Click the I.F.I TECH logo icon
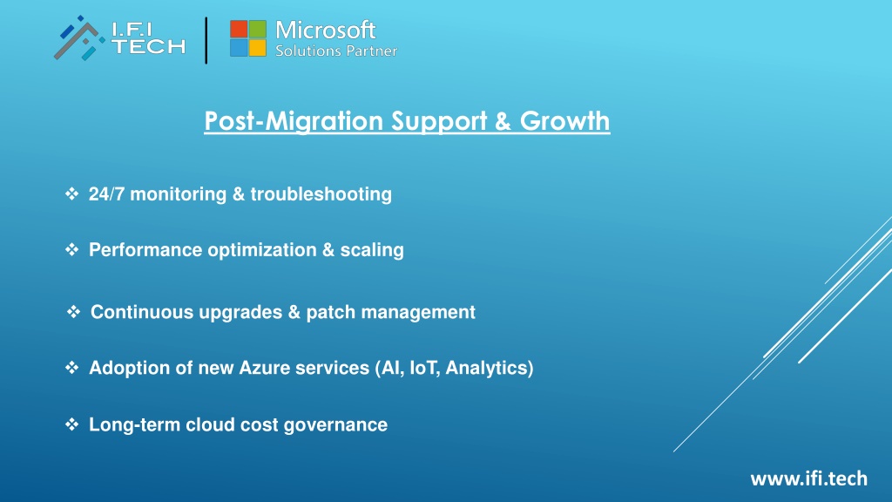(x=79, y=38)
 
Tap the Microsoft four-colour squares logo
(x=248, y=38)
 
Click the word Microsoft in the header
(x=326, y=31)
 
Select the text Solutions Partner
(x=336, y=51)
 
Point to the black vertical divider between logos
(x=206, y=40)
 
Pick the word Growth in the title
(x=564, y=120)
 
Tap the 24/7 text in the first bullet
(x=106, y=194)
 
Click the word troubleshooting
(x=321, y=194)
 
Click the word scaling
(x=372, y=250)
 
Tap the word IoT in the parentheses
(x=424, y=369)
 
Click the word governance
(x=335, y=425)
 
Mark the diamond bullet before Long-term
(x=71, y=424)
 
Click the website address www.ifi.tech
(x=809, y=478)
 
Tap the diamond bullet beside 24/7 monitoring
(x=71, y=193)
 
